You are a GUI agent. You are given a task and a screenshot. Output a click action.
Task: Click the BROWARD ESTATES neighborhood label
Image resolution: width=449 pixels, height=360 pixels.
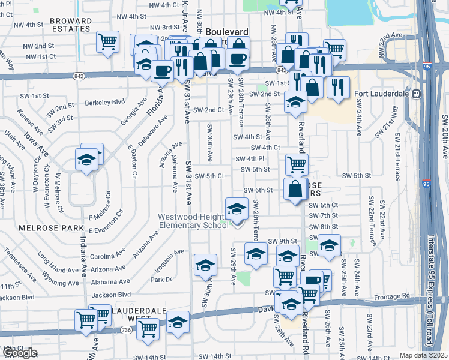[71, 25]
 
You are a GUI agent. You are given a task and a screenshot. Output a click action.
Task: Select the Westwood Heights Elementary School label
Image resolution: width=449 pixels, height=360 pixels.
[193, 221]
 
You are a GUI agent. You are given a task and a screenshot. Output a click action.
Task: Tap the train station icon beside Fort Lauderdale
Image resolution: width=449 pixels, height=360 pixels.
[414, 94]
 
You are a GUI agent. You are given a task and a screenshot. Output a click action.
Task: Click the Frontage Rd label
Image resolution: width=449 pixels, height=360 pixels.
[393, 296]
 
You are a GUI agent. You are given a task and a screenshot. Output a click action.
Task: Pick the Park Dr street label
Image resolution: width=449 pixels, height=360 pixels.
[161, 280]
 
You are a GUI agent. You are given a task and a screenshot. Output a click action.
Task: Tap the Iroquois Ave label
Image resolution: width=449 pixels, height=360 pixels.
[169, 259]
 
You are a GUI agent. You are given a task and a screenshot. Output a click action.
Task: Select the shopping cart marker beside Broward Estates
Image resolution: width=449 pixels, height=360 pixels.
[107, 42]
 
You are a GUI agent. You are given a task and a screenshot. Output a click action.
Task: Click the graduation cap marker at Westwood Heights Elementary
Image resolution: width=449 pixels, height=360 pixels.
[237, 209]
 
